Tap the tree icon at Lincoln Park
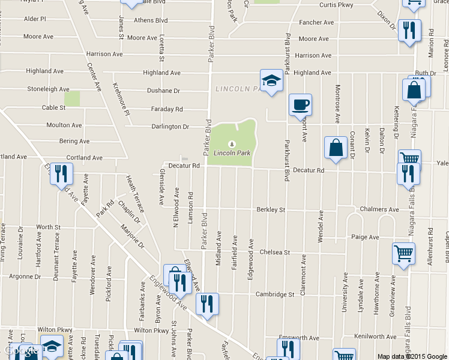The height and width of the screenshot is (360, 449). [x=231, y=144]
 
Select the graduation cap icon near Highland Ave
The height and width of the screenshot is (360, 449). [x=271, y=81]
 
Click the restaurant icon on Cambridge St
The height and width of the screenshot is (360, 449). [x=207, y=304]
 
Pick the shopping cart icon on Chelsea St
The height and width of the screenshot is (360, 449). [x=403, y=253]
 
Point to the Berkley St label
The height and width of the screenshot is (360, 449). [x=270, y=209]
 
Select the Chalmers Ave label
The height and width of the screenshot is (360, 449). [x=379, y=209]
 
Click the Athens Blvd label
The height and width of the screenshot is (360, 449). [x=151, y=20]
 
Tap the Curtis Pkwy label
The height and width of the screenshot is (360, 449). [x=336, y=4]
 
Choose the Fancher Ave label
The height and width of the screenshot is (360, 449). [x=316, y=23]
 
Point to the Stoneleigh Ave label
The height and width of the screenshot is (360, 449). [x=48, y=89]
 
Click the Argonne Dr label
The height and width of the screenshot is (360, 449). [x=25, y=277]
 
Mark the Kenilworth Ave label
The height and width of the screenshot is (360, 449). [x=376, y=337]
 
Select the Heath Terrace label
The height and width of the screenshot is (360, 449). [x=135, y=193]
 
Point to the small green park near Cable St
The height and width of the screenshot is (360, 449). [x=73, y=98]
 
